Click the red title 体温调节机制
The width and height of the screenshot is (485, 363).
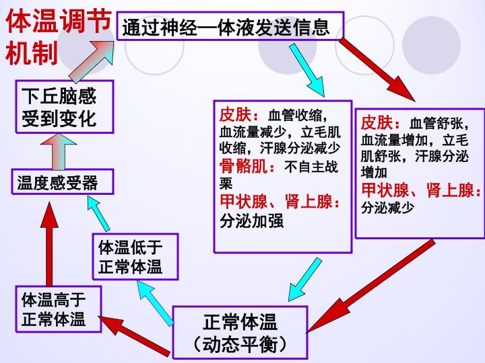tap(58, 36)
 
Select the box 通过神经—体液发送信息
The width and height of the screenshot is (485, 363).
tap(230, 26)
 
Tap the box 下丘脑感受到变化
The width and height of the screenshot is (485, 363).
tap(65, 107)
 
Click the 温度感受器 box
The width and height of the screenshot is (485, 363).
tap(63, 182)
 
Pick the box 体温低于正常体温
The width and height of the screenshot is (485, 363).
tap(135, 257)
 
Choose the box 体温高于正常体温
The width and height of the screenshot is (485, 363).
tap(59, 309)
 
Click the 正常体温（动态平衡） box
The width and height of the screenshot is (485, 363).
tap(240, 332)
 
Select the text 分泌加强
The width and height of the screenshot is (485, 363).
tap(251, 221)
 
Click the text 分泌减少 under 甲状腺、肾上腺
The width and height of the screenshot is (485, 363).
tap(387, 208)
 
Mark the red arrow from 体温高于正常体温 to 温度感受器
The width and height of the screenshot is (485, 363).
tap(49, 244)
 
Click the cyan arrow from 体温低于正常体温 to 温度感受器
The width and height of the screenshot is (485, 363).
tap(98, 214)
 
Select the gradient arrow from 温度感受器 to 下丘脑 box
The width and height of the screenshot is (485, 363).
tap(59, 151)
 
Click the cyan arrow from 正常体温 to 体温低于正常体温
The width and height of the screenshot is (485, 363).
tap(156, 303)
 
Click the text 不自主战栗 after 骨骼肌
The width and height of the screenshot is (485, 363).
tap(278, 175)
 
